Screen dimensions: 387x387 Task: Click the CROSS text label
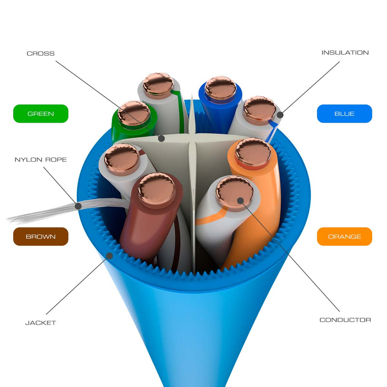[x=41, y=53]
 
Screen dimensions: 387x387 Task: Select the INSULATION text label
[x=345, y=53]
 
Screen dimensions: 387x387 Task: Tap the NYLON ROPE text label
[x=41, y=159]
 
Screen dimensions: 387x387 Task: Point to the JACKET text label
[x=41, y=323]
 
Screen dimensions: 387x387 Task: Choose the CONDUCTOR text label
[x=345, y=320]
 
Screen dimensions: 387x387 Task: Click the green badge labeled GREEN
[x=41, y=114]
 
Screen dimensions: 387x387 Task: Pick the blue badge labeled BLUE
[x=344, y=114]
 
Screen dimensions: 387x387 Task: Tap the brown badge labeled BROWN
[x=41, y=236]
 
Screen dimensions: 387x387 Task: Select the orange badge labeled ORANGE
[x=344, y=236]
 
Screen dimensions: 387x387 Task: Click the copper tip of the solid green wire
[x=134, y=113]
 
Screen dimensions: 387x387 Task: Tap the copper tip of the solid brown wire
[x=156, y=189]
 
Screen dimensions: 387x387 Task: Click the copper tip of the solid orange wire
[x=253, y=152]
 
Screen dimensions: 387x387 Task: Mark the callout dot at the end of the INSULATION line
[x=280, y=115]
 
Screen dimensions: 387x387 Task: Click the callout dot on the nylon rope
[x=78, y=206]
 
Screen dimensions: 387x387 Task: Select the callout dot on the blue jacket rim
[x=110, y=255]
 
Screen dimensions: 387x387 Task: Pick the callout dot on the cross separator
[x=161, y=138]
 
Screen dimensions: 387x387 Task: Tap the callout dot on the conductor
[x=240, y=200]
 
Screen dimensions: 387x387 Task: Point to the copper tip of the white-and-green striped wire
[x=158, y=84]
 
